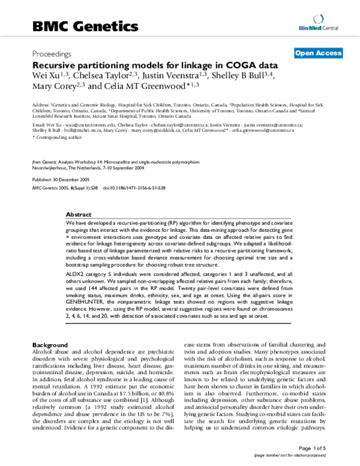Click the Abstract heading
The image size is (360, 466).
pos(79,214)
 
